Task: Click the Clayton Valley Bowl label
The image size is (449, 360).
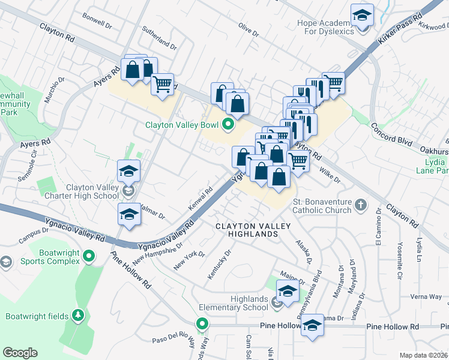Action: [182, 125]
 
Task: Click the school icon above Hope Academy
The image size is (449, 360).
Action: [362, 15]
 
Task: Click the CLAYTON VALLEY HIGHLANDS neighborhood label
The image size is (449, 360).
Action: [253, 230]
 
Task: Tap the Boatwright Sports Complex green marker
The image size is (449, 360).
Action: [89, 257]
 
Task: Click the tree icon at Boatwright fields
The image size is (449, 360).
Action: [77, 316]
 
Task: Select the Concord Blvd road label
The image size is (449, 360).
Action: [391, 134]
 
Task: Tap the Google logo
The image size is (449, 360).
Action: [20, 353]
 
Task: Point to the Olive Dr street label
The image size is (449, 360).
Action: [248, 29]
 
